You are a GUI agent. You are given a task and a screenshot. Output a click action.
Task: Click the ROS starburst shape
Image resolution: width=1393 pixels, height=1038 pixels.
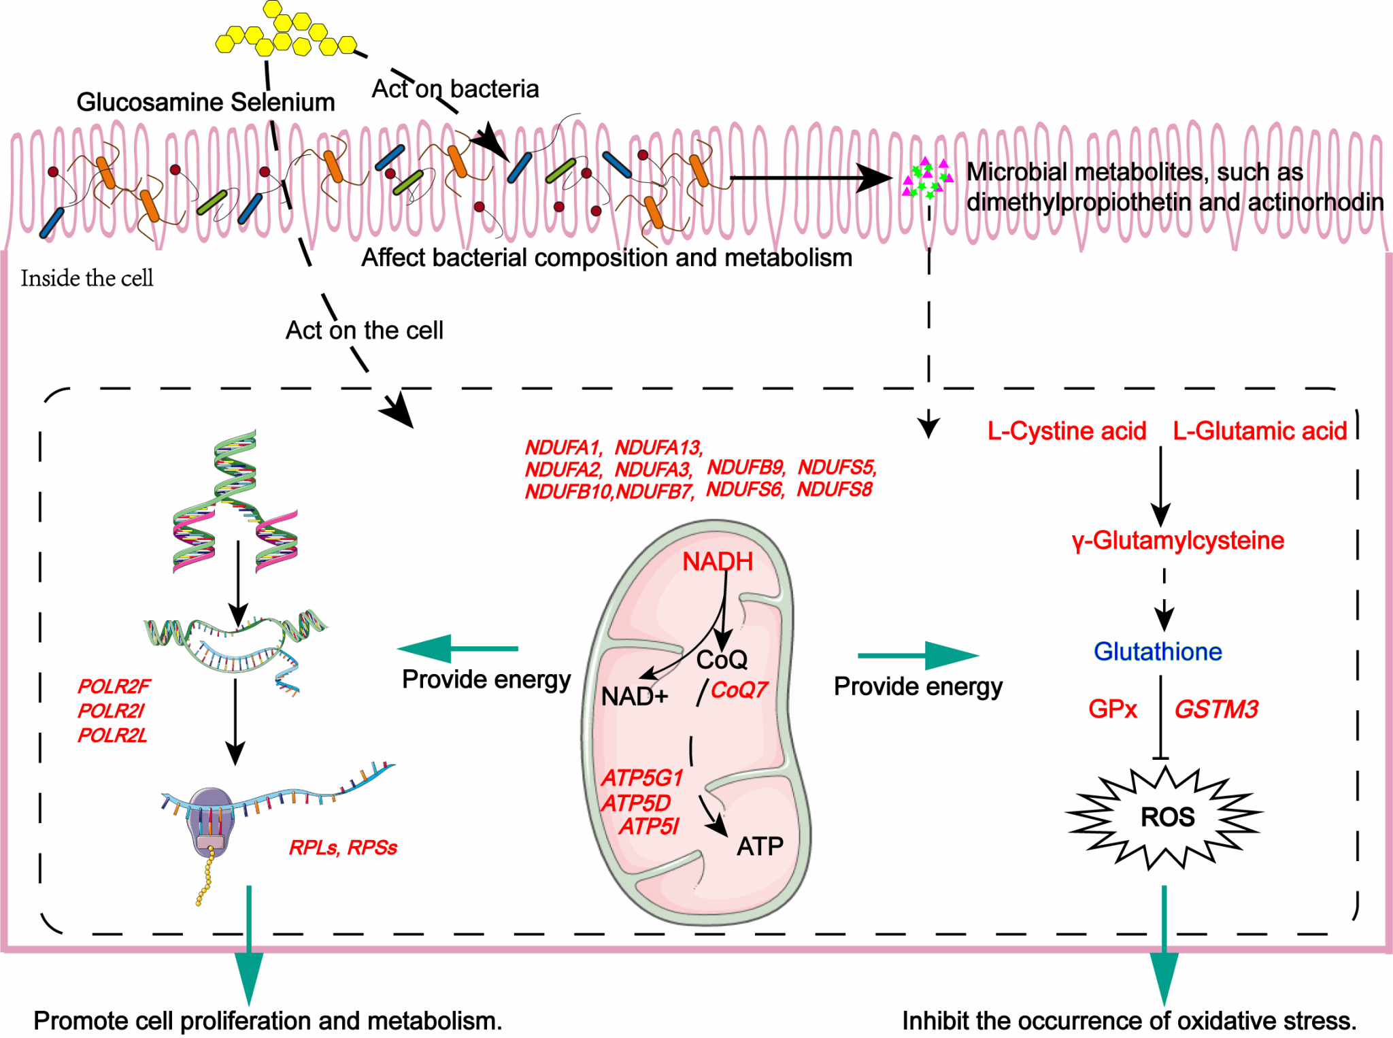point(1166,817)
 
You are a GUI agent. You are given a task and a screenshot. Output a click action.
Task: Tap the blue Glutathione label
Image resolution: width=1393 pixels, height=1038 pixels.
point(1158,652)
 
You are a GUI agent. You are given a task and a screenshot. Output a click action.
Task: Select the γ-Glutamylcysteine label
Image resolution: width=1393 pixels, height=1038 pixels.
point(1178,541)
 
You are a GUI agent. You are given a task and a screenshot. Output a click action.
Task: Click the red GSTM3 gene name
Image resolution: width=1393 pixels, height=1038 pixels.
point(1216,709)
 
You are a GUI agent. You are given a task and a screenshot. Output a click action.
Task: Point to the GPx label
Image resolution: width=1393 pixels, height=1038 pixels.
point(1112,709)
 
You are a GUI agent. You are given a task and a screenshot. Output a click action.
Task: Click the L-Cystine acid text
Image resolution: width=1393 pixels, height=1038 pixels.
point(1067,431)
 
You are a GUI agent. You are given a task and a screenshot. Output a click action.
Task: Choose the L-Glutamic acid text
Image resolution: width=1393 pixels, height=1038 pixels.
point(1260,431)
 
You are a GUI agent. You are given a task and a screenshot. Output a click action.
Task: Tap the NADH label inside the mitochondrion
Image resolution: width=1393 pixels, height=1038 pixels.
point(718,562)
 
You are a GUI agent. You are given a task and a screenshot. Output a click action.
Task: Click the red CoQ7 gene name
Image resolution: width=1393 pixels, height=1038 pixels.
point(739,690)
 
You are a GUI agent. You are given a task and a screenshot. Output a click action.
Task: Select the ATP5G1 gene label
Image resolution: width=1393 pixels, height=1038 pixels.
point(642,777)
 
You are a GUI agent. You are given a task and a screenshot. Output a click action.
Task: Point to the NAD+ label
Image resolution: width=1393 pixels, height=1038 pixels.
point(635,697)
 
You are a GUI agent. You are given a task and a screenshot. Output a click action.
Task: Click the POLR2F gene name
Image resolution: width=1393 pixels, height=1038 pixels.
point(114,686)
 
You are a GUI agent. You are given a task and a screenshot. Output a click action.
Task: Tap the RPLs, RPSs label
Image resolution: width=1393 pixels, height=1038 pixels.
point(343,848)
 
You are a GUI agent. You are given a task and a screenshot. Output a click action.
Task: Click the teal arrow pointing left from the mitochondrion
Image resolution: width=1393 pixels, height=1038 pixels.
point(457,648)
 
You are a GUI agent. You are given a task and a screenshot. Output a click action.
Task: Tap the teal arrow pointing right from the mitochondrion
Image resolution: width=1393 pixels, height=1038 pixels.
point(918,656)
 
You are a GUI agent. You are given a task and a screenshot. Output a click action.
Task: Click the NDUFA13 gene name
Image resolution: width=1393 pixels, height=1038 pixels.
point(658,448)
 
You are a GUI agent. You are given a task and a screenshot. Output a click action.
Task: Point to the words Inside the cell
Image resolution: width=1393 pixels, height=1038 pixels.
point(87,278)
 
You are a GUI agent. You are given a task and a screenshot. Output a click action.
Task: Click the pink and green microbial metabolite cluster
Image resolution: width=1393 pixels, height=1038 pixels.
point(926,178)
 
